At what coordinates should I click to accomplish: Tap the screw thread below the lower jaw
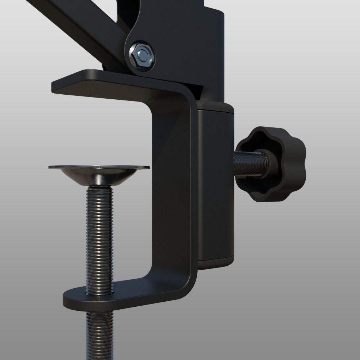100,331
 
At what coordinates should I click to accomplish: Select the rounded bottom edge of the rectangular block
216,265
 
